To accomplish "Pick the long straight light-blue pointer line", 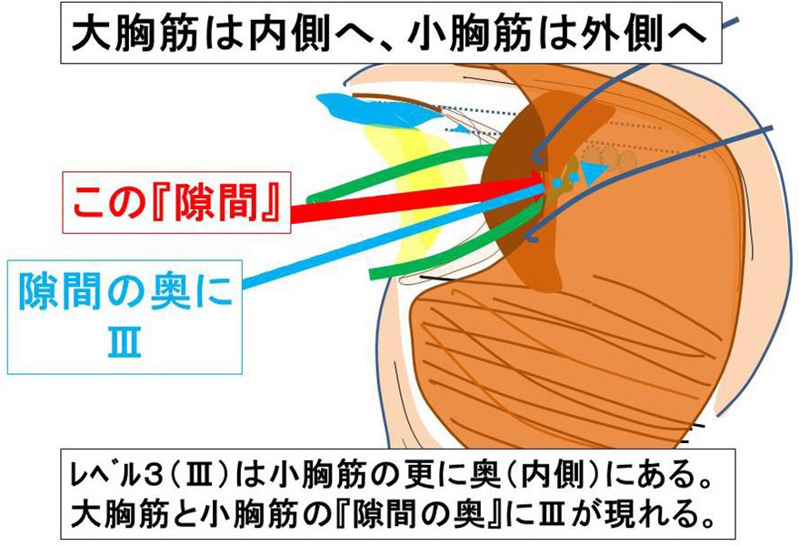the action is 394,237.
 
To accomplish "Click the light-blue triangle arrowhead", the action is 594,172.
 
